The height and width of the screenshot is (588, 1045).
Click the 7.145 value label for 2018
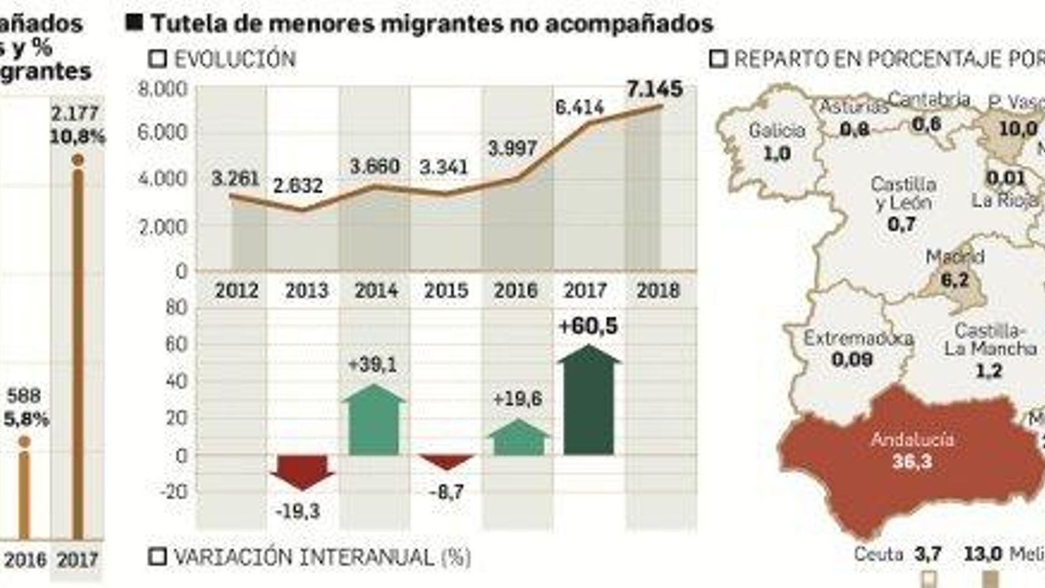coord(654,89)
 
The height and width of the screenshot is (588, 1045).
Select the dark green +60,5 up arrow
coord(588,405)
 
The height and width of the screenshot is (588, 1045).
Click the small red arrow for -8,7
coord(447,461)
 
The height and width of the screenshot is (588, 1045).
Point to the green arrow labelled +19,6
coord(519,439)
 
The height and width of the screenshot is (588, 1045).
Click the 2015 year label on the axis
coord(446,290)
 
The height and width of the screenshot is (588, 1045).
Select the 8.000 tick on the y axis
coord(163,89)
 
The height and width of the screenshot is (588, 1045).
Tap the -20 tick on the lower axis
coord(173,491)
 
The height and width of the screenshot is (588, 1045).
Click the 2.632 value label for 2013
coord(298,186)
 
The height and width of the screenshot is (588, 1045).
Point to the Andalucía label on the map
coord(912,439)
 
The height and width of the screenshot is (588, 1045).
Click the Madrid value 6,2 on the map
coord(955,280)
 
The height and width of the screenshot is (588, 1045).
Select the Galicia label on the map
coord(777,130)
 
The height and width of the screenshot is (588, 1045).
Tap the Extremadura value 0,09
coord(852,359)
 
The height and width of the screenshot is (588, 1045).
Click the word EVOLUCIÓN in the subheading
coord(234,59)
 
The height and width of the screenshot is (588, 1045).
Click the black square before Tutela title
coord(134,24)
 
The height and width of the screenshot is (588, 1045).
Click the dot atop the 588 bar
coord(24,442)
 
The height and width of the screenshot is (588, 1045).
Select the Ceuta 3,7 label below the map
coord(898,554)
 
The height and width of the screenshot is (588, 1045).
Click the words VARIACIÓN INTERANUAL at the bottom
coord(303,557)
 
